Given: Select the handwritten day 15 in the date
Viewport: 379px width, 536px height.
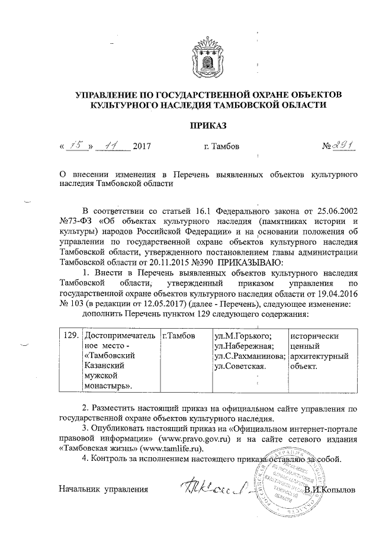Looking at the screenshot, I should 75,146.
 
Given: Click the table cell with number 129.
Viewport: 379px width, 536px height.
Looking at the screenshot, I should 70,335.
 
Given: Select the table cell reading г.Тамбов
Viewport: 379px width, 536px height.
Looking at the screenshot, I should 179,336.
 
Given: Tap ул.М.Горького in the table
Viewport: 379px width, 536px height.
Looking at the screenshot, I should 243,336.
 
